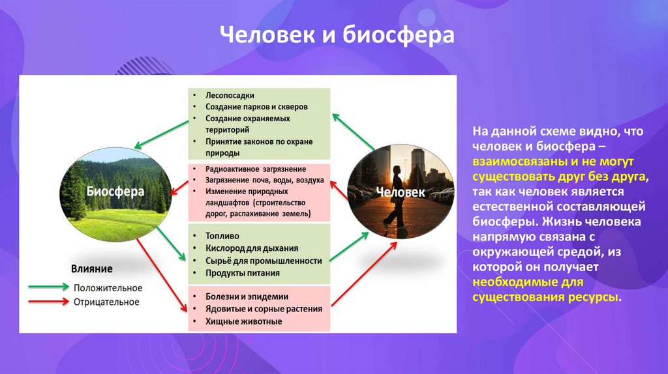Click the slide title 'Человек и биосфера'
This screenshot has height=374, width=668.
click(x=335, y=35)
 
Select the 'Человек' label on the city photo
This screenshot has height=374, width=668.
click(x=401, y=192)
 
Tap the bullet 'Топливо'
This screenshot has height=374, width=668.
click(x=222, y=236)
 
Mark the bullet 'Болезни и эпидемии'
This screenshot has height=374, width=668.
click(x=247, y=296)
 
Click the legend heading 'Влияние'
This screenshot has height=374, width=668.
click(x=92, y=268)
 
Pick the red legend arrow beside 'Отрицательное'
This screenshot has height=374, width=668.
click(x=48, y=301)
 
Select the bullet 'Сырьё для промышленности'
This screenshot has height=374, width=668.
click(x=264, y=261)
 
